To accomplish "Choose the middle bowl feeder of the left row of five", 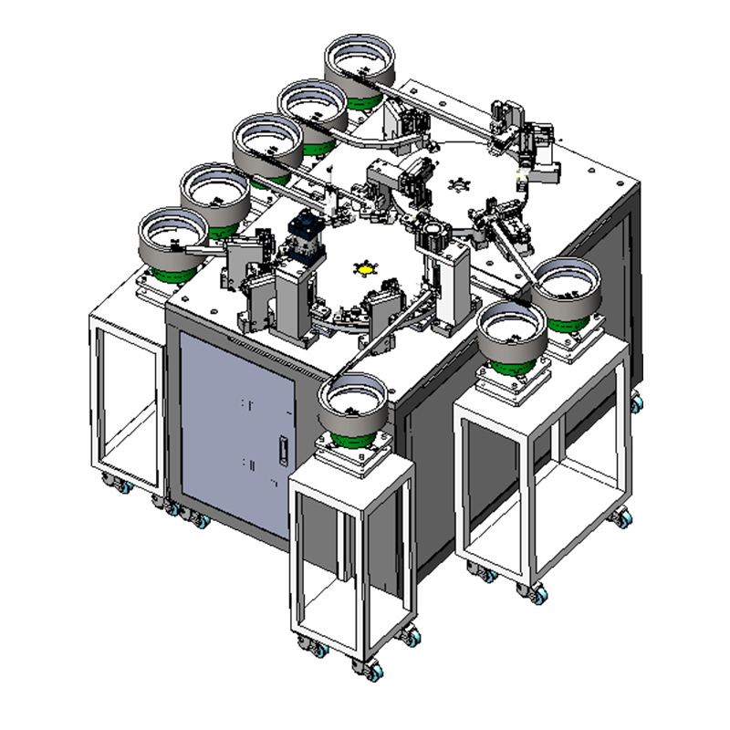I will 266,144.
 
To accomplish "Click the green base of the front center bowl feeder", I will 351,436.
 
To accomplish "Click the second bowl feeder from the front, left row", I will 214,189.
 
